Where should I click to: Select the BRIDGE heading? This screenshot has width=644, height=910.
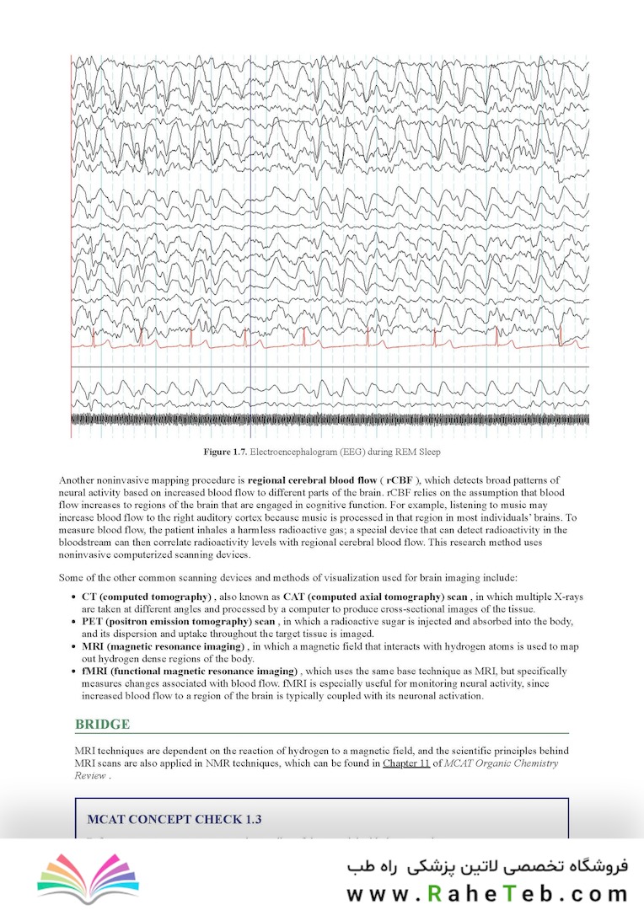pos(102,724)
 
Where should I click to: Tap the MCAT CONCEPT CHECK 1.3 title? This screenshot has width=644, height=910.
pos(174,819)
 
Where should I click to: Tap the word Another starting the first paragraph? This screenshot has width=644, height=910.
pos(78,480)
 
